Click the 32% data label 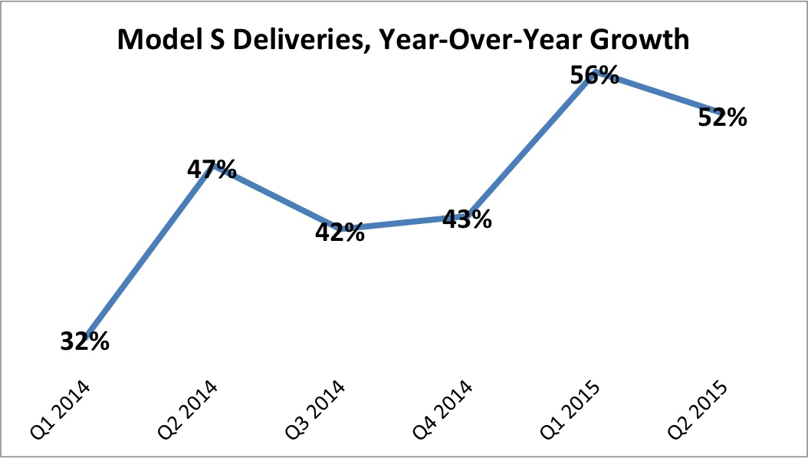84,341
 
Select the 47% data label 212,169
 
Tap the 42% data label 340,232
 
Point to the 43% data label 467,219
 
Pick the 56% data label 594,75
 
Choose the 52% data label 722,117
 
